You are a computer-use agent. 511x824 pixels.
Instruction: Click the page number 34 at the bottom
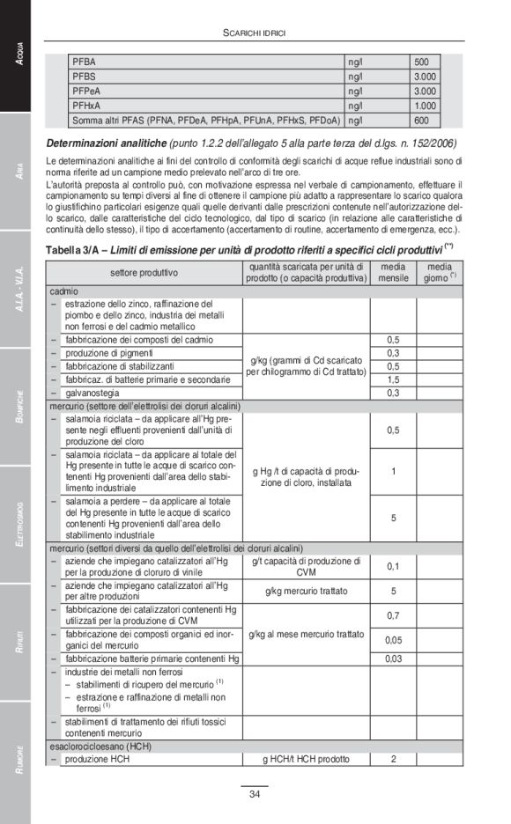pos(255,795)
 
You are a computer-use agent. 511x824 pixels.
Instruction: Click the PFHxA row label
pos(86,106)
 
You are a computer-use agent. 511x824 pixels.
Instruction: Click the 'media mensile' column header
pos(393,272)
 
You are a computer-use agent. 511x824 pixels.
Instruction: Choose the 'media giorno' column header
pos(440,272)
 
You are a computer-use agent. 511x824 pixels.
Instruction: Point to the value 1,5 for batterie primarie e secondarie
pos(393,379)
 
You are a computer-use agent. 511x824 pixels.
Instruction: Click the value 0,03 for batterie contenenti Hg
pos(393,658)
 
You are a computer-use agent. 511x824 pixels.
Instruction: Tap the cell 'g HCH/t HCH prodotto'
pos(306,759)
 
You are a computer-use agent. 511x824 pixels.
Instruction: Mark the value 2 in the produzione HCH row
pos(393,759)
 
